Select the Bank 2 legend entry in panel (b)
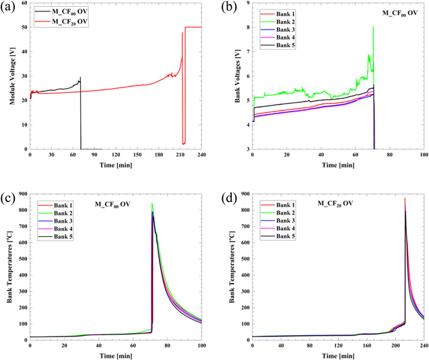click(278, 22)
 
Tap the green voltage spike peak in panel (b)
click(373, 26)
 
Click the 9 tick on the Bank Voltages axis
click(246, 4)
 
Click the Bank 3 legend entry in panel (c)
click(57, 221)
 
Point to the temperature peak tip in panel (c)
click(152, 204)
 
